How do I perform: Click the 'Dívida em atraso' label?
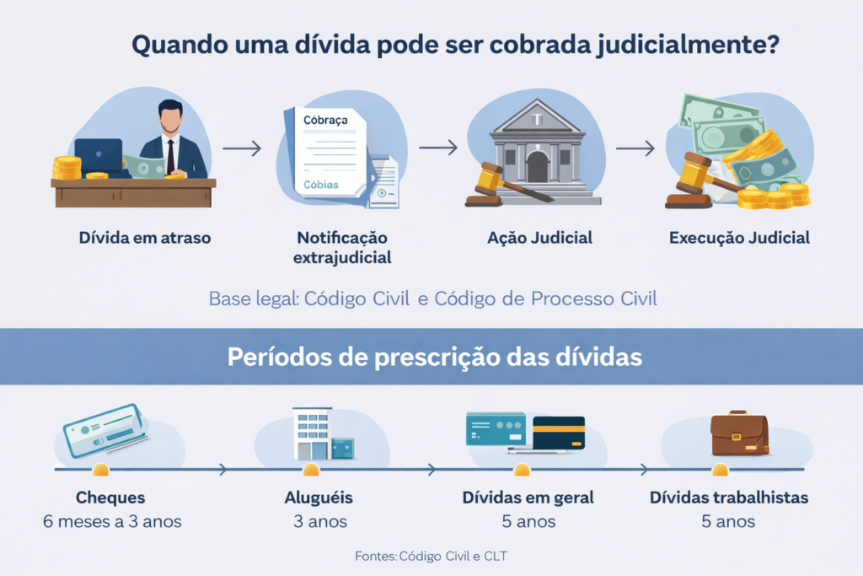point(145,238)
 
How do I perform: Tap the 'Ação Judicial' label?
point(539,238)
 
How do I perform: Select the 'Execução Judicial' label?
point(739,238)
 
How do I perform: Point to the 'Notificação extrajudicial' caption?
point(342,247)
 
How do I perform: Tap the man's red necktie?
point(170,153)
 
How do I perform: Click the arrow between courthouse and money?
point(635,148)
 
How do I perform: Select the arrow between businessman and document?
point(242,148)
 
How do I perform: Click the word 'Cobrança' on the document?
point(324,121)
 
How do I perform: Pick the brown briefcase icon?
point(739,433)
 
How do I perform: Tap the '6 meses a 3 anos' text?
point(112,521)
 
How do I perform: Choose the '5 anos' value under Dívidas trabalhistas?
point(728,521)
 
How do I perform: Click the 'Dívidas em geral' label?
point(528,498)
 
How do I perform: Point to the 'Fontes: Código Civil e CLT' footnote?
point(431,556)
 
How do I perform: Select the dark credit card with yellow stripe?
point(559,432)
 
